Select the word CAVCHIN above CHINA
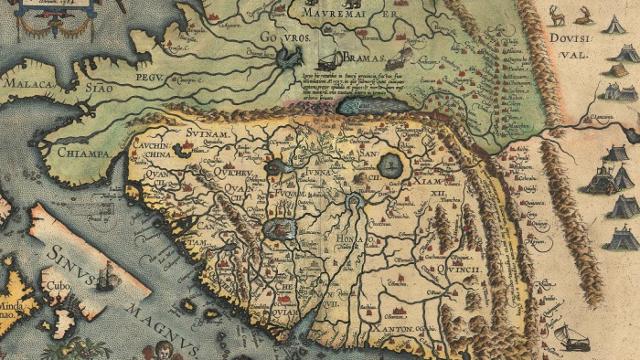[x=151, y=144]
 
